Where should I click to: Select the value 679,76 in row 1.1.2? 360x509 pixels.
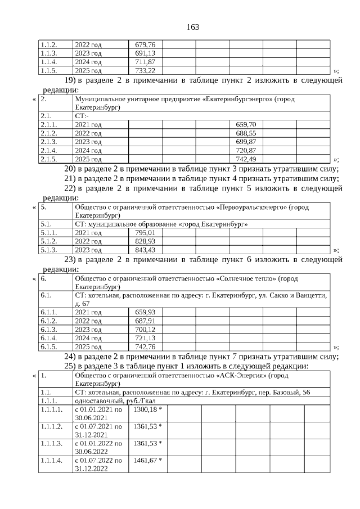145,44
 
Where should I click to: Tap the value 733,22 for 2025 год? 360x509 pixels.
145,71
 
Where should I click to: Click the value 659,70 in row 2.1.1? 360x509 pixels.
246,124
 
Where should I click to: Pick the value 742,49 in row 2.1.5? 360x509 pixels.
246,160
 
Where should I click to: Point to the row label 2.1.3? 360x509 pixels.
49,142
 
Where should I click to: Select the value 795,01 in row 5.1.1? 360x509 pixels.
145,232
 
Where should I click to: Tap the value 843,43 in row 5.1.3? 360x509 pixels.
145,250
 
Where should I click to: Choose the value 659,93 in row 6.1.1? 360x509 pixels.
145,312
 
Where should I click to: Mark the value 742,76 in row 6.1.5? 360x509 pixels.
145,347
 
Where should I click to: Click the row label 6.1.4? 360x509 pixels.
49,338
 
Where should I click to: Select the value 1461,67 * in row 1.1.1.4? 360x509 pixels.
147,460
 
